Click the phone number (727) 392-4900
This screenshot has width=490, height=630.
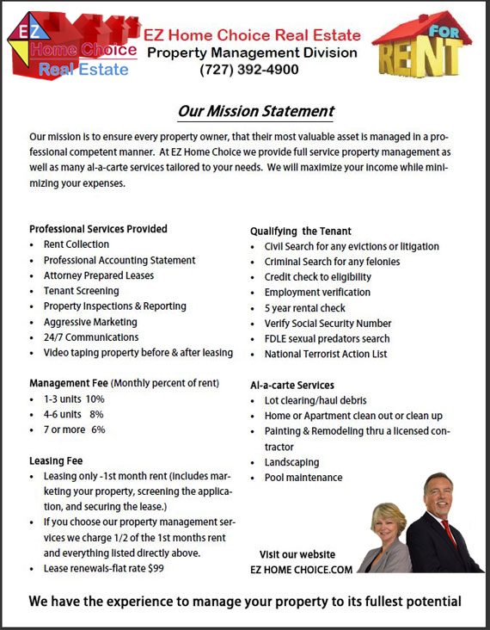pos(249,70)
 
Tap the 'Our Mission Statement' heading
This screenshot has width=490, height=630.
pos(255,111)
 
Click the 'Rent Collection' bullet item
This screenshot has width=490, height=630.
pos(77,244)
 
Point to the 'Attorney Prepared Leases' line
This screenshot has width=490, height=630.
pos(99,275)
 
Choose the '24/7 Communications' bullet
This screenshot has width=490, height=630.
pos(90,337)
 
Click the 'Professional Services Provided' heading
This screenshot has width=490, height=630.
pos(98,229)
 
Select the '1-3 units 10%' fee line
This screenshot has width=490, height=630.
pos(74,398)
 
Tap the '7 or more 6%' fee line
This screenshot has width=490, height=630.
pos(74,429)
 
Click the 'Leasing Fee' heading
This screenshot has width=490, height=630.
pos(58,460)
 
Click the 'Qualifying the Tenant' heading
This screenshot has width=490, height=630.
pos(300,231)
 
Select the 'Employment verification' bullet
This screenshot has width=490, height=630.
pos(317,293)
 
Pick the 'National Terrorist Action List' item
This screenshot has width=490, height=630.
pos(326,354)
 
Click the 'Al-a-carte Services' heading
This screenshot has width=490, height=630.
pos(292,385)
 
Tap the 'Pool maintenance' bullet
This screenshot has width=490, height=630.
pos(303,478)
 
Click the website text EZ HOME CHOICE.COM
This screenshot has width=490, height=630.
pos(301,570)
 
